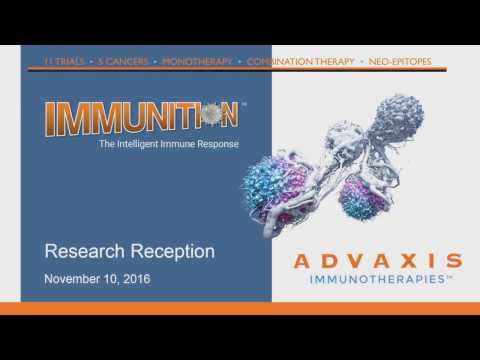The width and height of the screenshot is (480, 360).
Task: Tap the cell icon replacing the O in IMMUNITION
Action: tap(209, 115)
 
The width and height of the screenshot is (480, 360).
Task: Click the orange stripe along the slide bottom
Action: tap(240, 308)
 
